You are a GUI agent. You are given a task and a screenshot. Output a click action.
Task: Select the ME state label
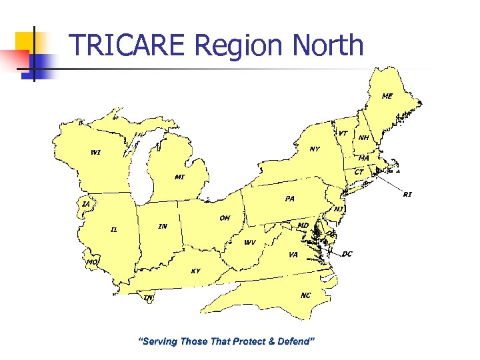(x=387, y=96)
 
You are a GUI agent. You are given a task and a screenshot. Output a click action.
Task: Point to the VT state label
(x=342, y=133)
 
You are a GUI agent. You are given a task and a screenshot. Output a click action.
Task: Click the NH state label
(x=363, y=138)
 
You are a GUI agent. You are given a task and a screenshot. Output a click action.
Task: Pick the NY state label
(x=315, y=149)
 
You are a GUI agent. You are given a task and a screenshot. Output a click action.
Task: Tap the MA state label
(x=364, y=158)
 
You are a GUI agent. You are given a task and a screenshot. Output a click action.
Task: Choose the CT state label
(x=359, y=172)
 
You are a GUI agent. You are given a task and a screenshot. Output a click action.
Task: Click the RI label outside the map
(x=407, y=194)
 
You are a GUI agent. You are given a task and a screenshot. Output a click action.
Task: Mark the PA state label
(x=289, y=199)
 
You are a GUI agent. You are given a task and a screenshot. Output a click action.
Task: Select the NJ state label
(x=339, y=209)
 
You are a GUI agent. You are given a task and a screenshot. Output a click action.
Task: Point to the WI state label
(x=96, y=152)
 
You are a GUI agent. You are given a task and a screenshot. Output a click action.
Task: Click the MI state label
(x=179, y=177)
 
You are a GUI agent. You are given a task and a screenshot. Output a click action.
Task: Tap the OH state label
(x=225, y=218)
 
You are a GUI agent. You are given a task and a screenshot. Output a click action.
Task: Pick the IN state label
(x=163, y=227)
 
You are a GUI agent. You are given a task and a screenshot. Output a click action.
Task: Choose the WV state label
(x=249, y=242)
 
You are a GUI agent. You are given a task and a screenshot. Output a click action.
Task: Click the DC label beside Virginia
(x=347, y=254)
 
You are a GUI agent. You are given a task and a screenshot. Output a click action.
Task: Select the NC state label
(x=305, y=295)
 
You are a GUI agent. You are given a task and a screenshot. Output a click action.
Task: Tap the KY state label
(x=195, y=271)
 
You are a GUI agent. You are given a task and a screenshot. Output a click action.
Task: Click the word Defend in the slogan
(x=294, y=341)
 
